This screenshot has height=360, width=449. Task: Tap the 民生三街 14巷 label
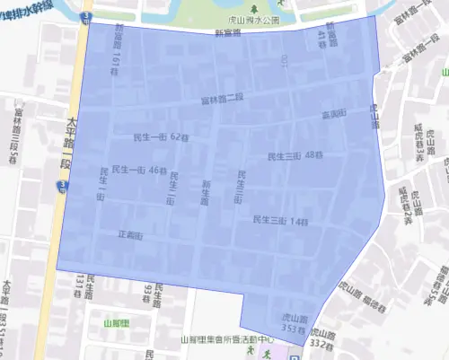click(x=280, y=220)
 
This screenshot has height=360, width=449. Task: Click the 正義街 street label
click(x=130, y=235)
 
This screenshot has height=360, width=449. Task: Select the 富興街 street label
click(x=333, y=115)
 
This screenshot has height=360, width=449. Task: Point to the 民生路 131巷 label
click(x=84, y=286)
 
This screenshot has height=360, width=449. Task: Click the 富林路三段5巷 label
click(x=16, y=134)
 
